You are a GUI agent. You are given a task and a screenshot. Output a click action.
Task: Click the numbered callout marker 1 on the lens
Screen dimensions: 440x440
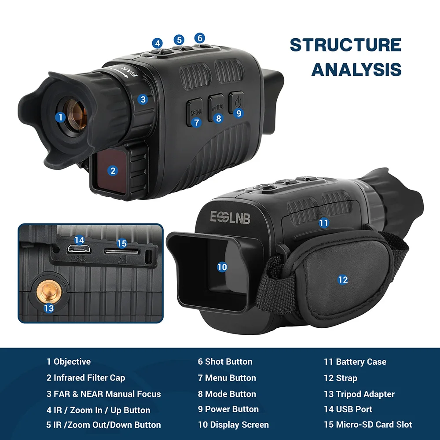(x=61, y=117)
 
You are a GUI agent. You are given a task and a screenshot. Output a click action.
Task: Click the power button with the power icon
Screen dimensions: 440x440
(x=237, y=102)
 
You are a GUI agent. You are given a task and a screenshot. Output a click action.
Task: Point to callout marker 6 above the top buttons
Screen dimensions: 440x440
(x=199, y=38)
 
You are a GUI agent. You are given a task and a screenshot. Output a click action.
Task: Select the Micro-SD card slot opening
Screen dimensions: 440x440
(x=122, y=252)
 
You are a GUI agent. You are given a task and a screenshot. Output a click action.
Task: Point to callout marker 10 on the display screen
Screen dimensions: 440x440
(x=222, y=267)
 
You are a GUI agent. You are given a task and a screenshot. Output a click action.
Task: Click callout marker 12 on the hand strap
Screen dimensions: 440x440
(x=343, y=280)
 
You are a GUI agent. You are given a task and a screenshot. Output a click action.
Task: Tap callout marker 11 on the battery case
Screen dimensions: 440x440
(x=324, y=223)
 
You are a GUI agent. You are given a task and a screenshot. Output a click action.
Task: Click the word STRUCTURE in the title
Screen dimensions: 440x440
(x=345, y=45)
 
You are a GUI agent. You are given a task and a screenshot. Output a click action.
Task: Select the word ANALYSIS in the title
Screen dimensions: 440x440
(x=356, y=70)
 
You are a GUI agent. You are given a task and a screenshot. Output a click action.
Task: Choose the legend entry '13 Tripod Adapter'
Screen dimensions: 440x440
(x=359, y=394)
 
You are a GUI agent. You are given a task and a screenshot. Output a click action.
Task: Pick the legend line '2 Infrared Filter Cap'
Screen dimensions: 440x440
(x=86, y=378)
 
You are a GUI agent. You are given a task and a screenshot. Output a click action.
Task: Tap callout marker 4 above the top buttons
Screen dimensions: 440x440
(x=158, y=43)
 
